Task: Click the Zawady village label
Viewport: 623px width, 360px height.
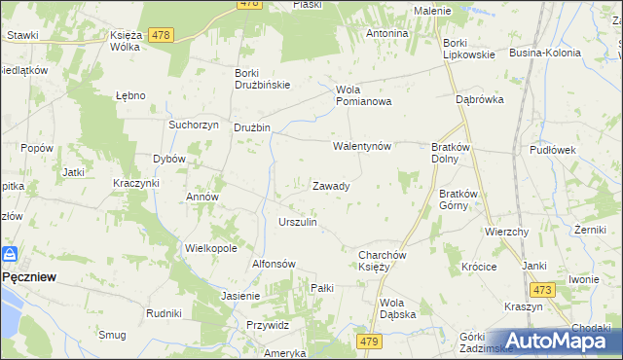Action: coord(331,185)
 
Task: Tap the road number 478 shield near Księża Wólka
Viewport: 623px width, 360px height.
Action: coord(162,35)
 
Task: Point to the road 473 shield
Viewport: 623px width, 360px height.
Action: coord(542,290)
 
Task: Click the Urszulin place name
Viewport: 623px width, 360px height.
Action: coord(298,222)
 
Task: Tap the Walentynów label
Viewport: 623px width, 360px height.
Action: coord(361,146)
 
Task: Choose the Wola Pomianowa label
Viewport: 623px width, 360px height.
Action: coord(363,95)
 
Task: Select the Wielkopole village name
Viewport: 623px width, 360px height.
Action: coord(211,248)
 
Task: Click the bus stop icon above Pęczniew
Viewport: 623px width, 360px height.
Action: coord(11,254)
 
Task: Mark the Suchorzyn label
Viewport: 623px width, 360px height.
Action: coord(191,126)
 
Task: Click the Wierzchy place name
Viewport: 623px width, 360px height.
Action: coord(506,232)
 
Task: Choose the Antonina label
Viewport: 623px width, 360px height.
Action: coord(386,33)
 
